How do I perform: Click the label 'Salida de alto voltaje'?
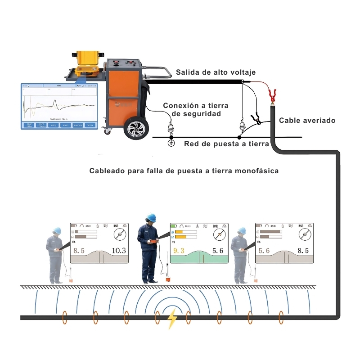(216, 72)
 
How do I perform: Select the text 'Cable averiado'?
(307, 120)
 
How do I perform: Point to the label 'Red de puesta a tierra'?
(226, 144)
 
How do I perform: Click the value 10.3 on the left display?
(119, 251)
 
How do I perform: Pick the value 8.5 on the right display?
(301, 251)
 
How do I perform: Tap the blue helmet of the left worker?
(57, 230)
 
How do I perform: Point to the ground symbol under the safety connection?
(171, 143)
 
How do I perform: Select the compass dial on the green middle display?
(219, 234)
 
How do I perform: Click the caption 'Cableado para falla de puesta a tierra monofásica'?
(184, 171)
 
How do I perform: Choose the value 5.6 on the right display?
(264, 251)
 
